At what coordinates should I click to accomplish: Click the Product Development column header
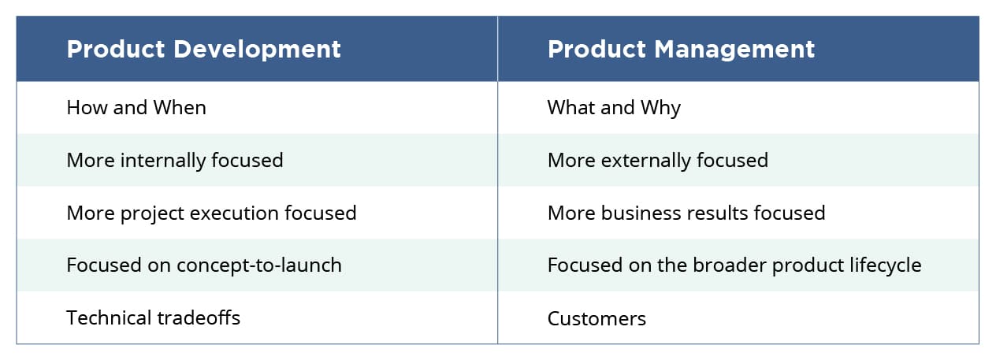[203, 50]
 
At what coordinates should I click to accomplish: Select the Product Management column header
[681, 50]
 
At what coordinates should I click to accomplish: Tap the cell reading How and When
[136, 108]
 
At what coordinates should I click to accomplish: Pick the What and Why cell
[614, 108]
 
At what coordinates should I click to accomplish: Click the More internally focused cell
[174, 161]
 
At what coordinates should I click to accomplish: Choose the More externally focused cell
[657, 161]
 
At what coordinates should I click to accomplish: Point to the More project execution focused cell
[211, 213]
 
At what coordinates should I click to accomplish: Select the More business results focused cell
[686, 213]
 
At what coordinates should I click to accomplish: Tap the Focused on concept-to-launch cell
[204, 265]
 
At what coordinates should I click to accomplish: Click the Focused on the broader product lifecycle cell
[734, 265]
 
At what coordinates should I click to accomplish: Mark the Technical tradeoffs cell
[153, 318]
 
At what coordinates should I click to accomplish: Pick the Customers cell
[596, 319]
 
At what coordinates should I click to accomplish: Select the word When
[180, 108]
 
